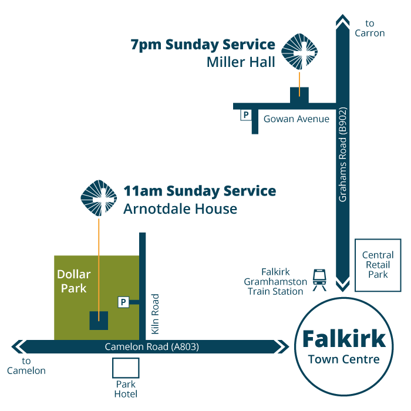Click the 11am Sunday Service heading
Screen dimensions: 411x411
pyautogui.click(x=199, y=191)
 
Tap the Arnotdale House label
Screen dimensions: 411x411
pyautogui.click(x=180, y=209)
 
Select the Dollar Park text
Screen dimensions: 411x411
pyautogui.click(x=74, y=281)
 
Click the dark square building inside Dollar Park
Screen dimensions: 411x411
pyautogui.click(x=99, y=321)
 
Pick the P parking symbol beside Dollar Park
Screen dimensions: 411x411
pyautogui.click(x=123, y=302)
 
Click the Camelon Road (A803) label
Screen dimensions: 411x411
pyautogui.click(x=151, y=347)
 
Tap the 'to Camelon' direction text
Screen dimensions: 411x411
pyautogui.click(x=26, y=366)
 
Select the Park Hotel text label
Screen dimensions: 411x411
pyautogui.click(x=126, y=389)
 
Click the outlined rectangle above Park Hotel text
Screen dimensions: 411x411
pyautogui.click(x=126, y=368)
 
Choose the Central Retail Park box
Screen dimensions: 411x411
pyautogui.click(x=378, y=265)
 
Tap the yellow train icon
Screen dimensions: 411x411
pyautogui.click(x=319, y=279)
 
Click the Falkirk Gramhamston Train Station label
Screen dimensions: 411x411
pyautogui.click(x=275, y=282)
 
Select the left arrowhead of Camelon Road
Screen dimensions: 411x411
pyautogui.click(x=20, y=346)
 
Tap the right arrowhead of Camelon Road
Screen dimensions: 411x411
pyautogui.click(x=279, y=347)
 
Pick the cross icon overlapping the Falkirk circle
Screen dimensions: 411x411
pyautogui.click(x=299, y=326)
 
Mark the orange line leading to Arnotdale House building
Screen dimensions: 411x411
pyautogui.click(x=99, y=264)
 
